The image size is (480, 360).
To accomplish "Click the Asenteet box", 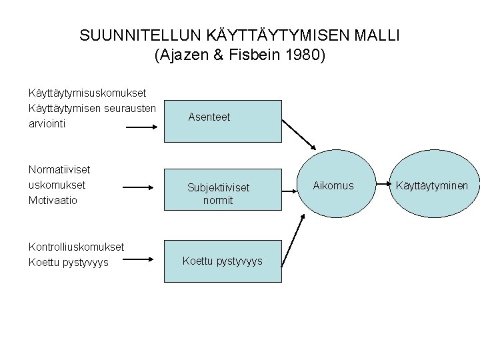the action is click(x=209, y=117).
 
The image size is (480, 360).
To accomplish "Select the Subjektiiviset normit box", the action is click(x=209, y=193).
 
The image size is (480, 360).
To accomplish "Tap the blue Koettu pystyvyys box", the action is click(x=222, y=261).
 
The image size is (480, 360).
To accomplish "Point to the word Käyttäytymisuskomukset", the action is click(x=87, y=94).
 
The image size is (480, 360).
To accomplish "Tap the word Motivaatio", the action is click(x=53, y=199).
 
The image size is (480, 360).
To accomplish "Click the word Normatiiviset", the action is click(x=59, y=170).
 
